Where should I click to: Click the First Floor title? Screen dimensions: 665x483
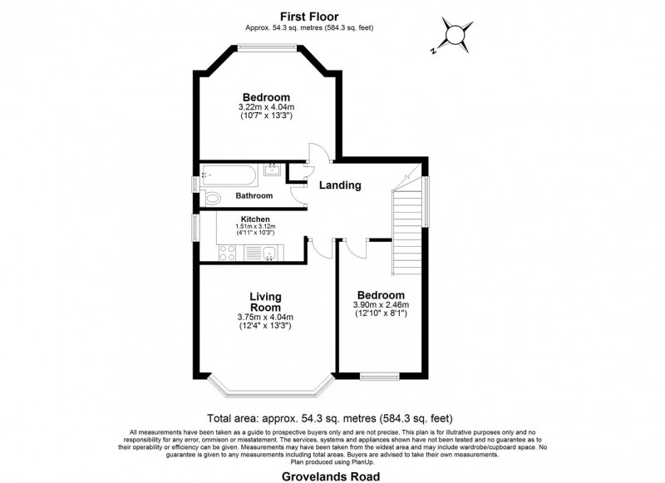(x=309, y=17)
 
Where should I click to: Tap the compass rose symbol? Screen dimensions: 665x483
(x=455, y=35)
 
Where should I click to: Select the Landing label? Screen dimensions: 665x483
(x=340, y=185)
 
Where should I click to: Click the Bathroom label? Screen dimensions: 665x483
(x=254, y=196)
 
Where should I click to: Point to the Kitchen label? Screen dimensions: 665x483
(x=255, y=219)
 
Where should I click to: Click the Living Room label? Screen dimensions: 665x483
(x=265, y=302)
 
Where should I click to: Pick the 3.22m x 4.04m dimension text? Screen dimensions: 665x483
(x=266, y=107)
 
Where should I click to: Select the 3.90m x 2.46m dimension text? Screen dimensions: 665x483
(x=381, y=305)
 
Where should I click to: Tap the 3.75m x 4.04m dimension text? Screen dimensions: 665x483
(x=265, y=318)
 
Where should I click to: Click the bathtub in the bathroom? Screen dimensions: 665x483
(x=229, y=175)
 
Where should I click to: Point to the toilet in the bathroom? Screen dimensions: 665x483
(x=213, y=198)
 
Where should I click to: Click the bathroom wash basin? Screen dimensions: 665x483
(x=272, y=169)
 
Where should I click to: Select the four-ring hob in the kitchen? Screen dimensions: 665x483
(x=227, y=253)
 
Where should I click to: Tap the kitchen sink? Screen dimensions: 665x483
(x=268, y=254)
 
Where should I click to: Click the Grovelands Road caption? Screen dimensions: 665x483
(x=331, y=476)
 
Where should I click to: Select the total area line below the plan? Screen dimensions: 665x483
(x=330, y=418)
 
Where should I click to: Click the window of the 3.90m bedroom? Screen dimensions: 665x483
(x=380, y=376)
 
